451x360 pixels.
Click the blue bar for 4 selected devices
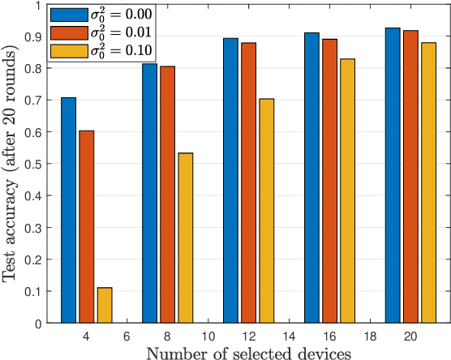point(68,210)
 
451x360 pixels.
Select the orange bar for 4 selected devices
point(86,226)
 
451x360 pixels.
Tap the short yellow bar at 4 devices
point(104,305)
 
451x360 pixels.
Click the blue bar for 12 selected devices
point(230,180)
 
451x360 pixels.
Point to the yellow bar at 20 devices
point(428,182)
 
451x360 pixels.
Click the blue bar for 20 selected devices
point(393,175)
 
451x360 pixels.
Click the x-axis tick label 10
point(207,336)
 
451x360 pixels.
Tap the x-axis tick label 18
point(369,336)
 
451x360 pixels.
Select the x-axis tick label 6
point(126,336)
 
